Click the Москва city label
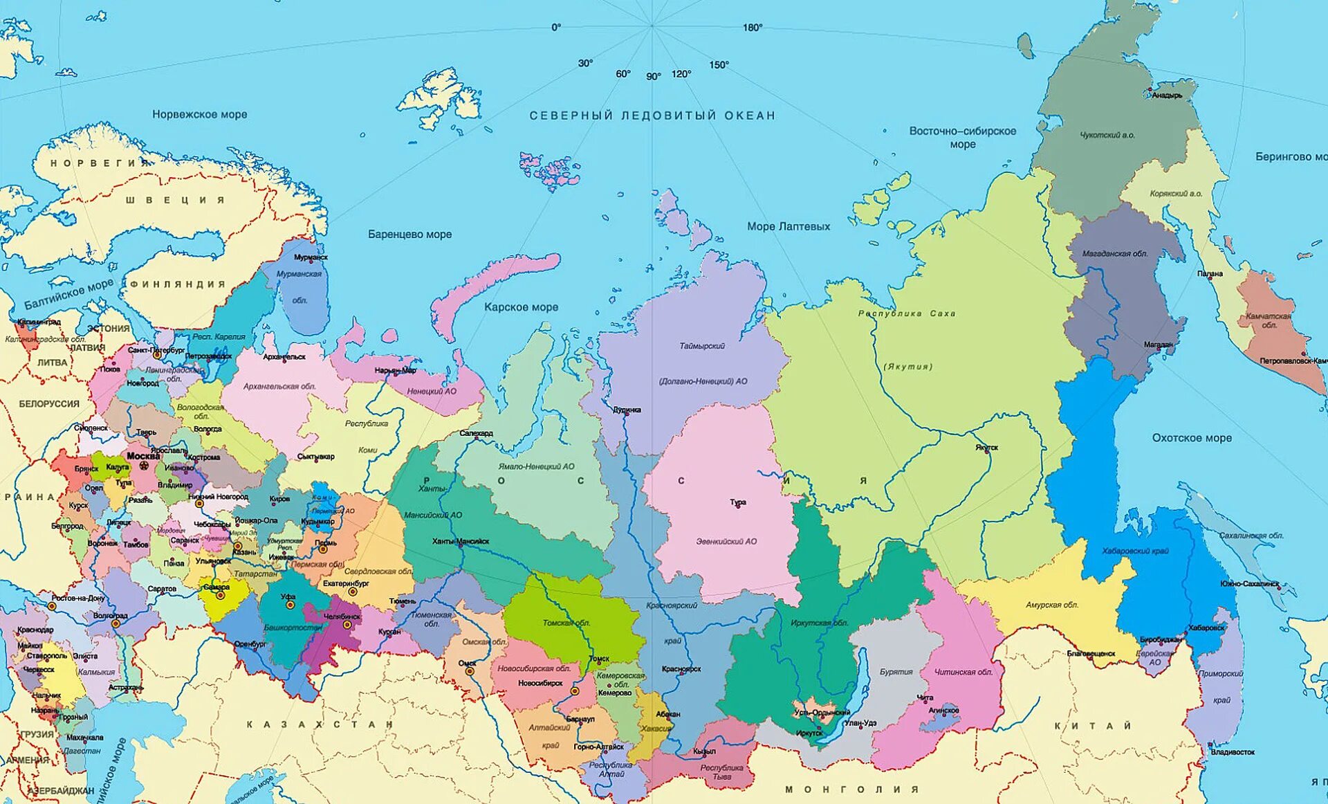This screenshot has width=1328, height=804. point(143,456)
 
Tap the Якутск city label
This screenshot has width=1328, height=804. point(987,448)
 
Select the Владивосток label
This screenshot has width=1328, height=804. point(1233,751)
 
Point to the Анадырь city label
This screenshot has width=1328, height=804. point(1167,95)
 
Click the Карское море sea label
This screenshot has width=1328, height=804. point(521,307)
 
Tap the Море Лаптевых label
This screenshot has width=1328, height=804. point(788,226)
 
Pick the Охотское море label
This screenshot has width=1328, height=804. point(1192,438)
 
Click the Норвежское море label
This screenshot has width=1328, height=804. point(199,114)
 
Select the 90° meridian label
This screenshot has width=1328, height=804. point(653,77)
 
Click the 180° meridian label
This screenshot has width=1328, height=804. point(753,28)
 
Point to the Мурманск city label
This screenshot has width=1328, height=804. point(311,257)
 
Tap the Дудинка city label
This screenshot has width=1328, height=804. point(627,410)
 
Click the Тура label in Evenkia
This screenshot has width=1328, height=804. point(738,502)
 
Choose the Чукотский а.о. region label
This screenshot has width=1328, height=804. point(1107,136)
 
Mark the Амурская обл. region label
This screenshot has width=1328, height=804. point(1051,605)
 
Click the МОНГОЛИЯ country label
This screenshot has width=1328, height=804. point(852,789)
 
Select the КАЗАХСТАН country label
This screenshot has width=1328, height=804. point(320,724)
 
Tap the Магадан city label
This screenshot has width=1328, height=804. point(1158,345)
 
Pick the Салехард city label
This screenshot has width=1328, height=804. point(476,433)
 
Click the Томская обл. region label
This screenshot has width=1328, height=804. point(566,623)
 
